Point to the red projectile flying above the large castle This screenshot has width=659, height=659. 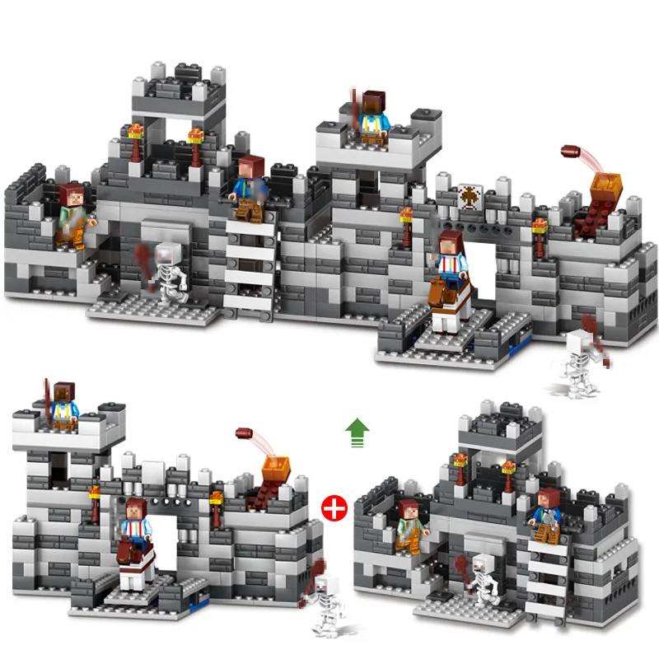pos(572,152)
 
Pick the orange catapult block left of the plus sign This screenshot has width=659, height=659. pos(274,470)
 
